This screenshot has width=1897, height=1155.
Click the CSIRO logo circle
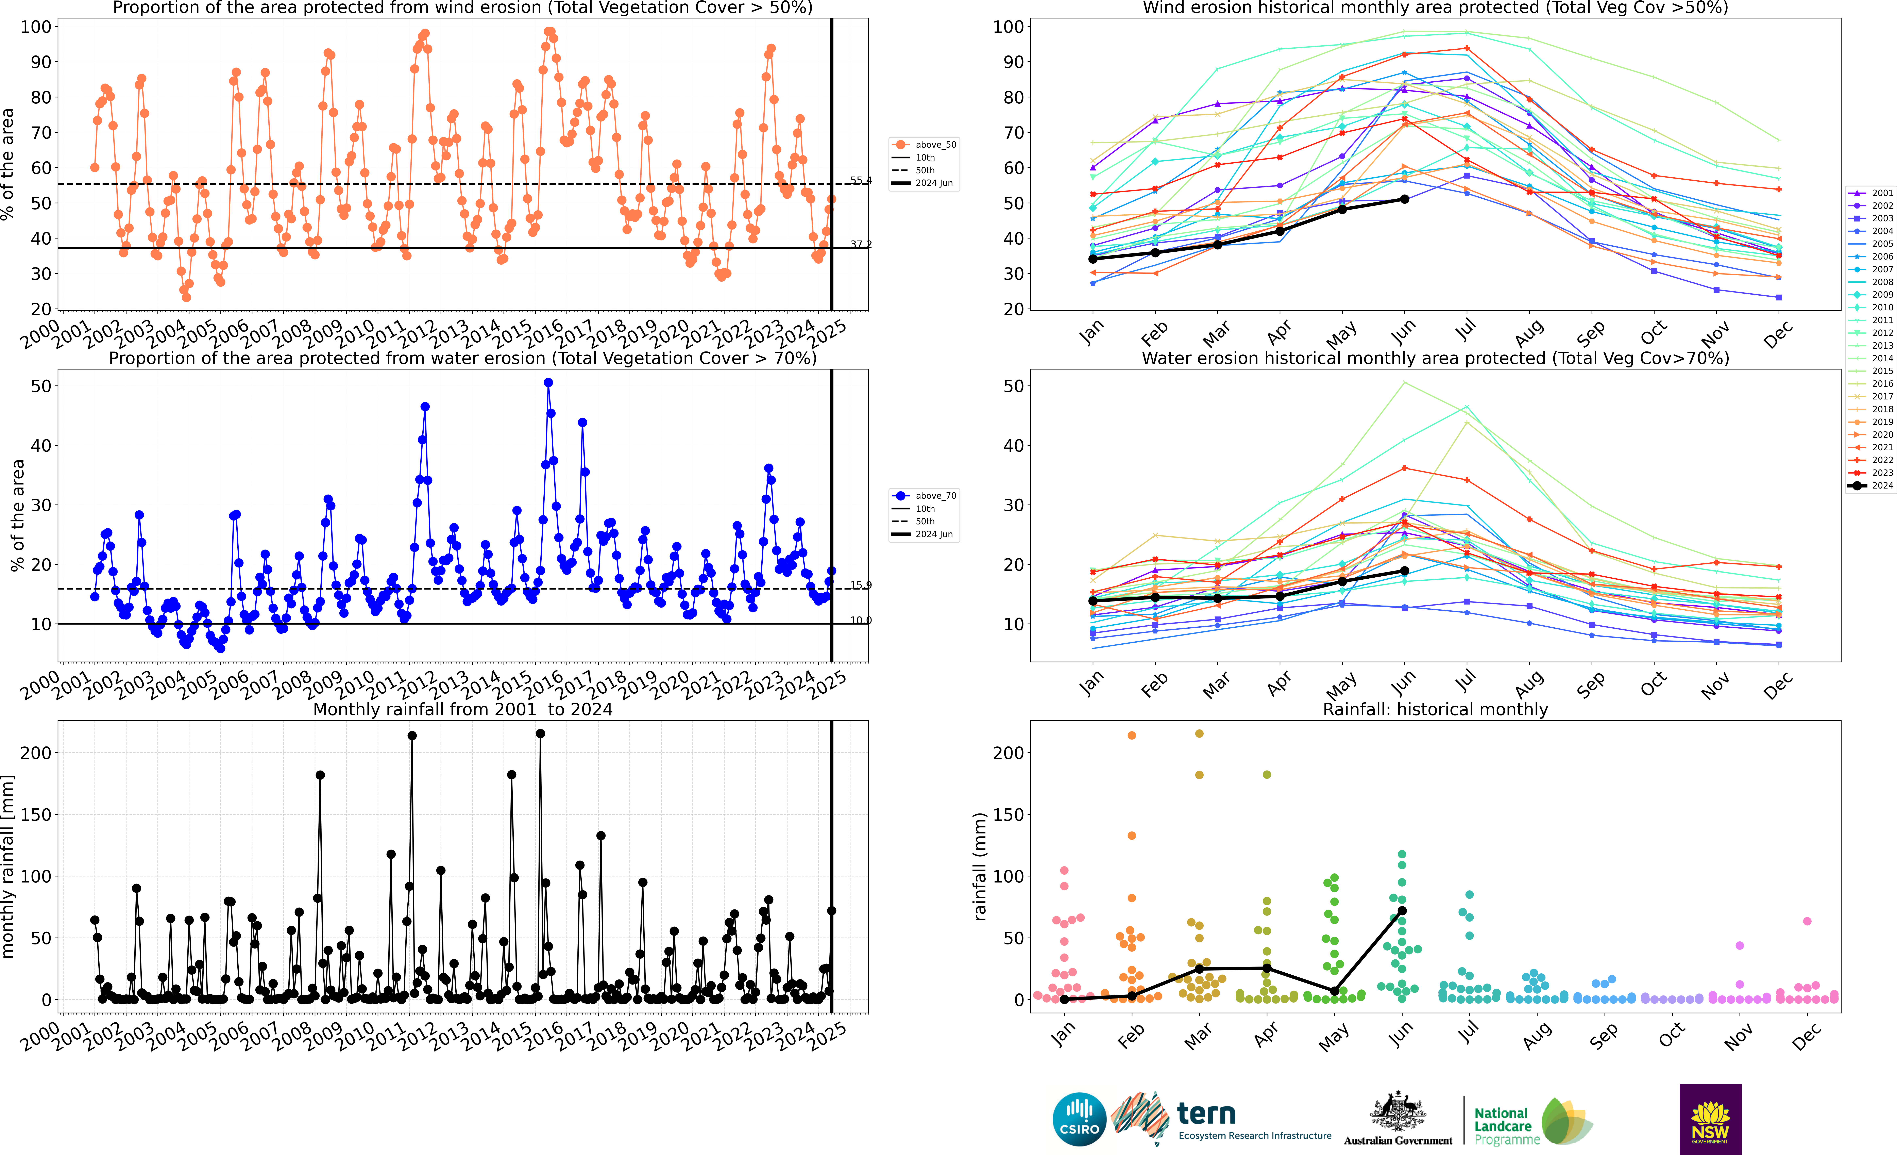pyautogui.click(x=1079, y=1119)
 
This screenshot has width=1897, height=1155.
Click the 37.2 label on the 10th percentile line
pyautogui.click(x=861, y=244)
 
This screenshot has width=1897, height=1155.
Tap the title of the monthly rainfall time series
pyautogui.click(x=463, y=709)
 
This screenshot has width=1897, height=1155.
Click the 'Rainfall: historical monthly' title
pyautogui.click(x=1435, y=709)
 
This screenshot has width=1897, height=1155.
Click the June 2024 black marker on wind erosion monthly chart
pyautogui.click(x=1404, y=199)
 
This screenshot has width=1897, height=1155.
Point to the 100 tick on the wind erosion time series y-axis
pyautogui.click(x=35, y=27)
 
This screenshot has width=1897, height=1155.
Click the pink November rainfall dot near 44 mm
pyautogui.click(x=1739, y=945)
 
